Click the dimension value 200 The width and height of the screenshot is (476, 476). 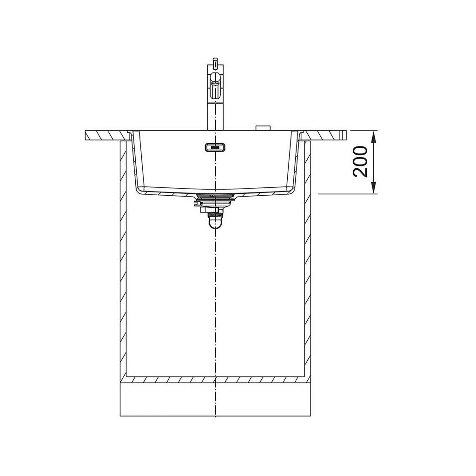pyautogui.click(x=360, y=161)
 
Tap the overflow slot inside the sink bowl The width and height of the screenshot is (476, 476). pyautogui.click(x=215, y=147)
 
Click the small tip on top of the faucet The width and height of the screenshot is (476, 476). pyautogui.click(x=215, y=61)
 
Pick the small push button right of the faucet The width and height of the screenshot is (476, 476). pyautogui.click(x=263, y=128)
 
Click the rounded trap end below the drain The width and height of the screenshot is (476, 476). pyautogui.click(x=215, y=223)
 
